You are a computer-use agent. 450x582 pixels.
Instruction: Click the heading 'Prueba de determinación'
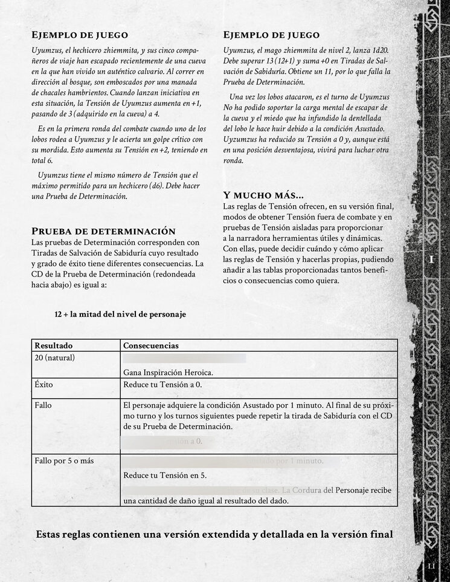coord(103,231)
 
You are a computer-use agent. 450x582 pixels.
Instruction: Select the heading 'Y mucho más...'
coord(263,195)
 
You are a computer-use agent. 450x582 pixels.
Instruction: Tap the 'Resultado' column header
coord(53,345)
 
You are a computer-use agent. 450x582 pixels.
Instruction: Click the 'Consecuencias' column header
coord(150,345)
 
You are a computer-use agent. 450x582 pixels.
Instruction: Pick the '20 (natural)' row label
coord(54,358)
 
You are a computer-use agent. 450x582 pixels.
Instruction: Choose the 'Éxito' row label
coord(44,384)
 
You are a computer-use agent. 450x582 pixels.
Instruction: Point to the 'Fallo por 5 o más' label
coord(64,462)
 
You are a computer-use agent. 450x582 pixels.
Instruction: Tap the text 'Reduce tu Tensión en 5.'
coord(165,475)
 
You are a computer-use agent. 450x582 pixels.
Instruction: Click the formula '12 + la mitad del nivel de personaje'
coord(120,314)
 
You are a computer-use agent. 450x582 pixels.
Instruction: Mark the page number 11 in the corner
coord(432,566)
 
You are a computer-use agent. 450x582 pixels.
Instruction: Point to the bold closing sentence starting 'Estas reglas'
coord(214,534)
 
